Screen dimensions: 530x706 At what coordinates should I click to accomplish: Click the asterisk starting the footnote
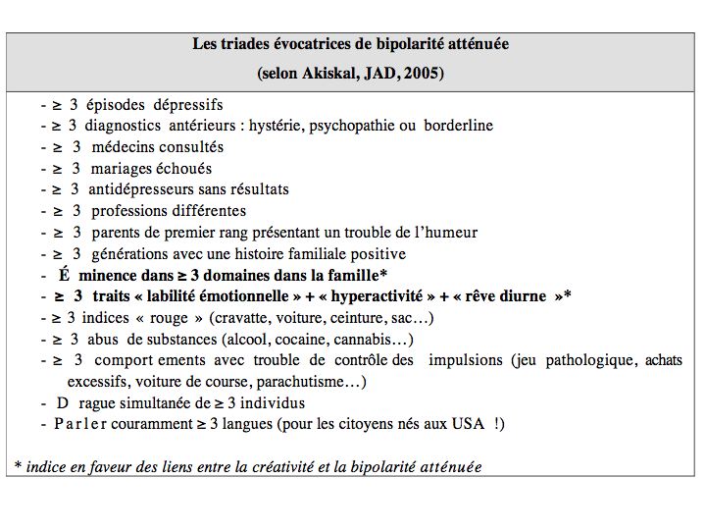pyautogui.click(x=17, y=465)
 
